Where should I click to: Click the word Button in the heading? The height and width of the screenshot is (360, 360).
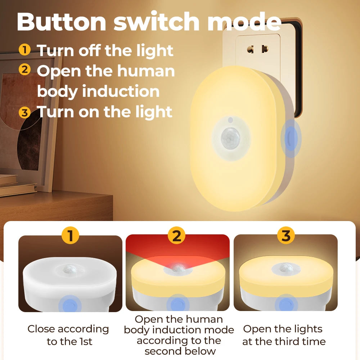tap(62, 22)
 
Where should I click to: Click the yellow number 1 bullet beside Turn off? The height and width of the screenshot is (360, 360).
tap(24, 49)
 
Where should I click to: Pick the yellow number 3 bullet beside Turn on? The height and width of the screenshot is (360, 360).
tap(24, 112)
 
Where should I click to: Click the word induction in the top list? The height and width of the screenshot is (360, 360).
tap(121, 91)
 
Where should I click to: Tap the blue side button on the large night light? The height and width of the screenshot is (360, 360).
tap(290, 138)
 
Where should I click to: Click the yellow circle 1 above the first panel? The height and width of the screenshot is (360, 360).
tap(70, 236)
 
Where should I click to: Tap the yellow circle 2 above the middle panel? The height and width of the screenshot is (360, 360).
tap(176, 236)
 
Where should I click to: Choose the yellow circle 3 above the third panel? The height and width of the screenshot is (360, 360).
tap(285, 236)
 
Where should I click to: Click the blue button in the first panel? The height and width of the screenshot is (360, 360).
tap(69, 304)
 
